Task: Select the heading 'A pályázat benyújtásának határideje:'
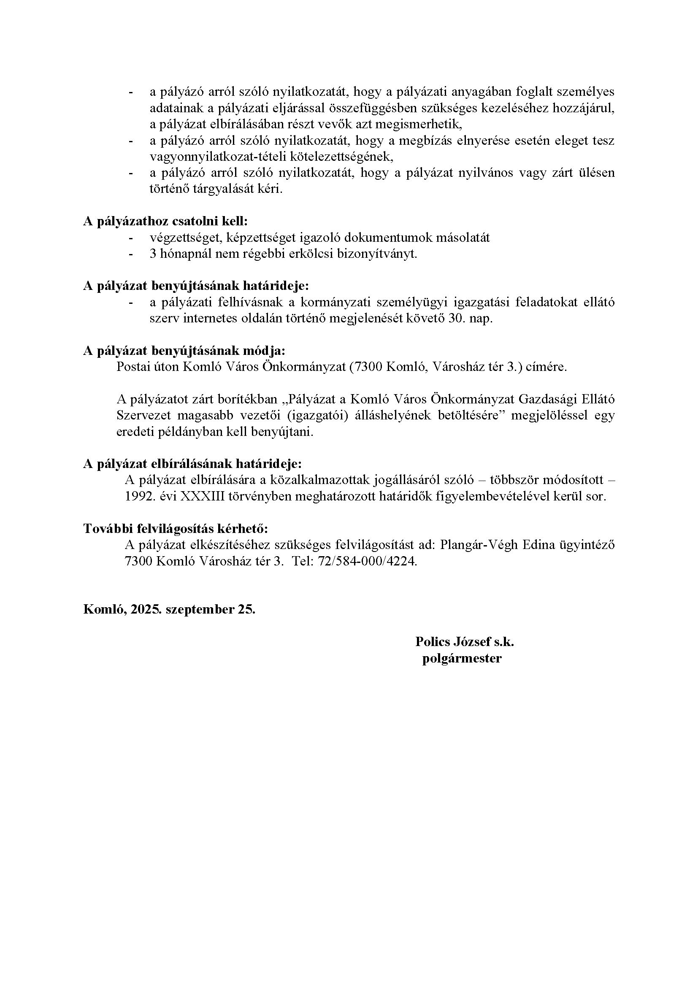tap(196, 286)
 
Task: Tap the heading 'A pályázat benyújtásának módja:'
tap(184, 351)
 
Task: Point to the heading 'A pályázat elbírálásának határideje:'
tap(192, 464)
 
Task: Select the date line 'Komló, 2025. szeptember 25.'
tap(169, 610)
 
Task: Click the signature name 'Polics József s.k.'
tap(465, 642)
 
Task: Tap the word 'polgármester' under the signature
tap(462, 659)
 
